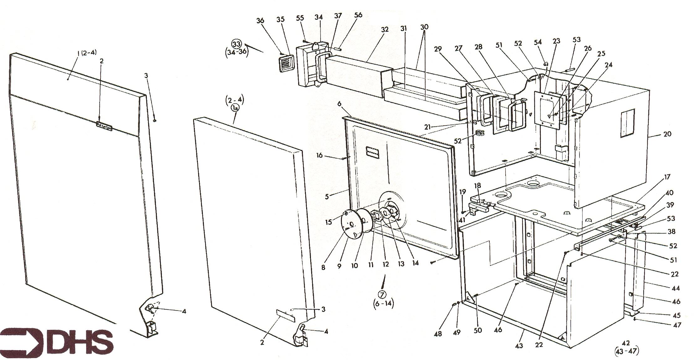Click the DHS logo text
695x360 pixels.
point(82,340)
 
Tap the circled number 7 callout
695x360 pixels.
point(383,294)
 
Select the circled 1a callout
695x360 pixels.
point(234,108)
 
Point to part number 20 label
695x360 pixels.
point(667,134)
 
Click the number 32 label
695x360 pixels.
point(384,29)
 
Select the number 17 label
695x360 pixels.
point(667,177)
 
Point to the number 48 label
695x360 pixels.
point(438,334)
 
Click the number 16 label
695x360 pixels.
point(319,155)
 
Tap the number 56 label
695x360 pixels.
point(358,15)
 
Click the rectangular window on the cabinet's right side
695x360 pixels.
point(627,124)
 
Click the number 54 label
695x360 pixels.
point(538,42)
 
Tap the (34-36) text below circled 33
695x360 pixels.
point(237,52)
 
